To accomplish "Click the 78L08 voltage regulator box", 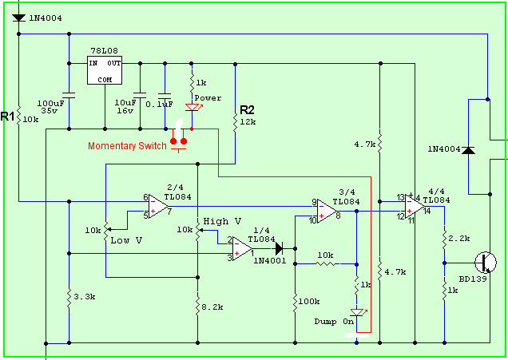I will click(105, 70).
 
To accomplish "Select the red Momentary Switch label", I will click(127, 145).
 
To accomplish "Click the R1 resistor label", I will click(8, 117).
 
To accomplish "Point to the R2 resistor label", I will click(247, 109).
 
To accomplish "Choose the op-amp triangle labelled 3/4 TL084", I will click(327, 211).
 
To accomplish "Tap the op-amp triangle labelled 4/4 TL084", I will click(414, 208).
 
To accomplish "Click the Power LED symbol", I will click(192, 108).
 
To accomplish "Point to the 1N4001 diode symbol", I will click(280, 248).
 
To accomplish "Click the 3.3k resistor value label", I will click(83, 296).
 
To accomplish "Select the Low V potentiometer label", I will click(126, 239).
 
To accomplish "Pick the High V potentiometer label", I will click(222, 221).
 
